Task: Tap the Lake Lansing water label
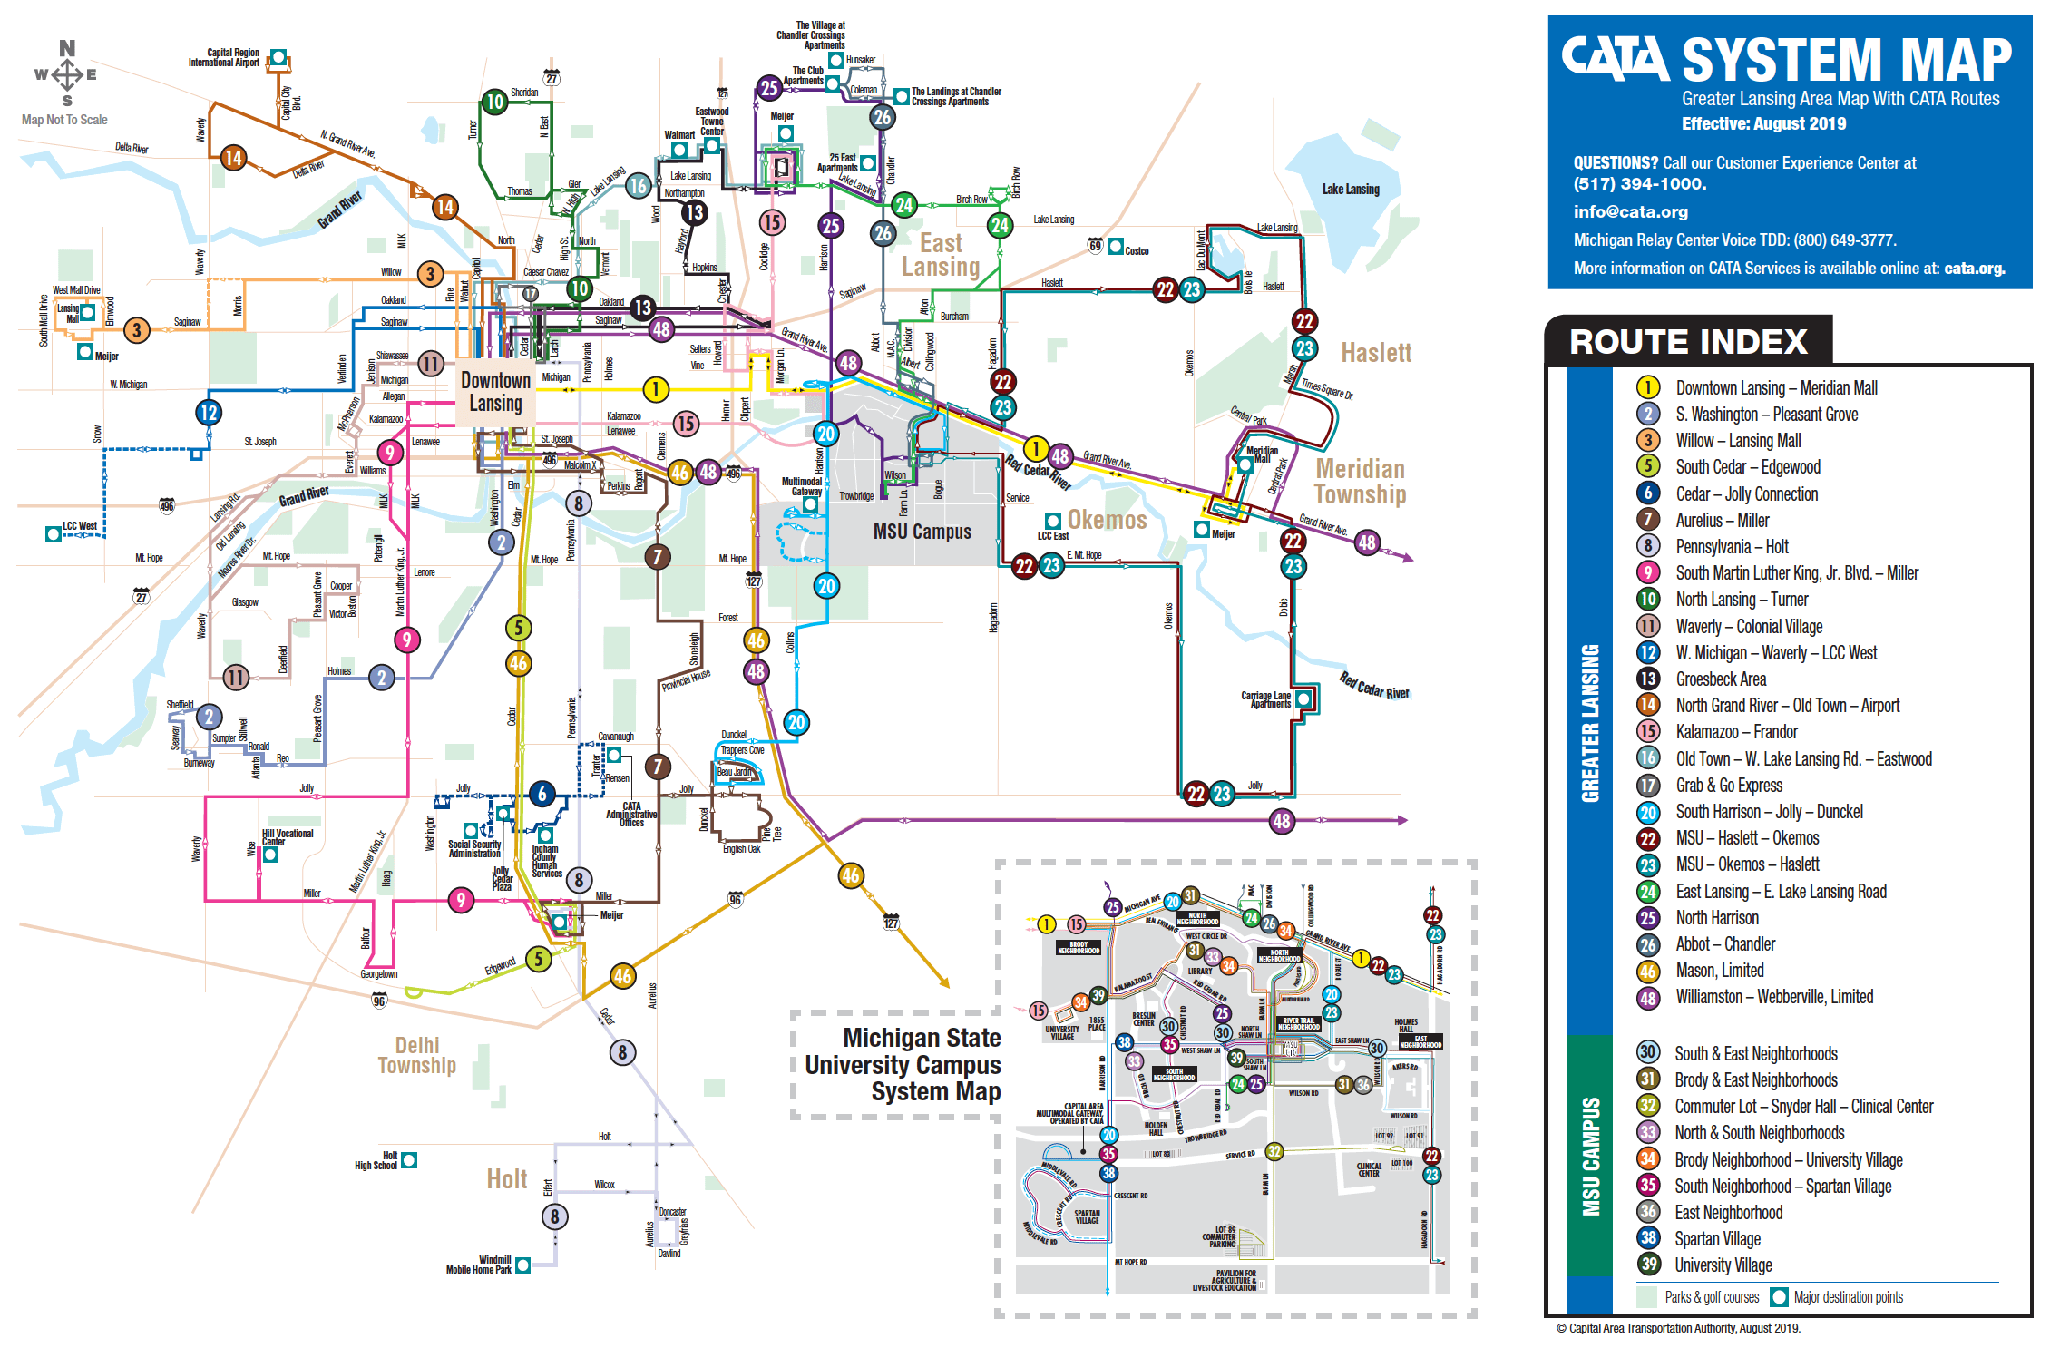(1350, 189)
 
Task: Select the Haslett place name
(1375, 353)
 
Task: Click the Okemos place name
(1107, 520)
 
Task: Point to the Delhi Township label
(416, 1055)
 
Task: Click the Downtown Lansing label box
(495, 392)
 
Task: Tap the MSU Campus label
(922, 532)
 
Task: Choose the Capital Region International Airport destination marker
(278, 58)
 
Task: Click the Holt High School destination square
(409, 1159)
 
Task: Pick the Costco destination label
(1136, 251)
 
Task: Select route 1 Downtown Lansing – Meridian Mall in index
(1775, 388)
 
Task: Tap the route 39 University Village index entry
(1723, 1265)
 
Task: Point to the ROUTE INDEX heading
(1688, 342)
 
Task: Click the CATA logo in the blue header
(1615, 59)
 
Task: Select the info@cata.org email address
(1630, 211)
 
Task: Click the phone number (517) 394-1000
(1639, 184)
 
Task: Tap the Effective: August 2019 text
(1763, 124)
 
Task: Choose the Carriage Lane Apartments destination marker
(1303, 698)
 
